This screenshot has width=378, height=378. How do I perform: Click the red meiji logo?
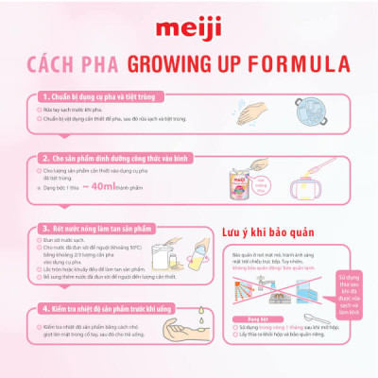click(189, 21)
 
